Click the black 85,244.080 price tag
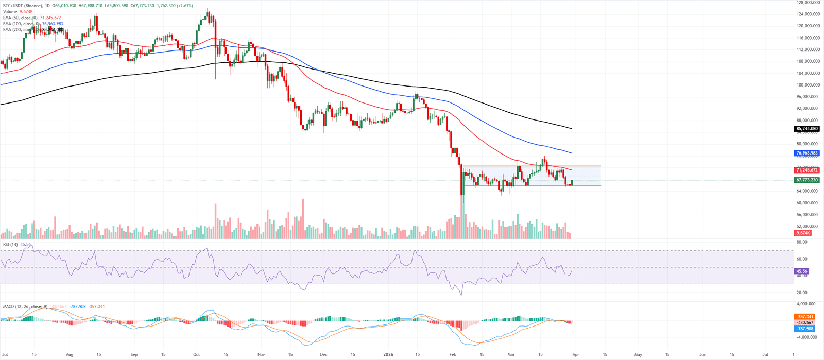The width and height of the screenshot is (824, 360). (x=807, y=129)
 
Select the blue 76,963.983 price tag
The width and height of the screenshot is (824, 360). (x=807, y=153)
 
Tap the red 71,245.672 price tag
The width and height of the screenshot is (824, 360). (x=807, y=170)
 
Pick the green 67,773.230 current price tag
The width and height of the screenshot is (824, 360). (x=807, y=180)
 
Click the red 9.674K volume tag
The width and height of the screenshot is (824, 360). (x=803, y=233)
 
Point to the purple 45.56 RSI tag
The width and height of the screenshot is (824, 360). (x=801, y=271)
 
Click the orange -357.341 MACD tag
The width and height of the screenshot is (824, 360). (x=804, y=317)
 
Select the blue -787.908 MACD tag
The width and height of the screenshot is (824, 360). (x=804, y=329)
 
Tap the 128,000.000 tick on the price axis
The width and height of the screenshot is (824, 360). (x=808, y=3)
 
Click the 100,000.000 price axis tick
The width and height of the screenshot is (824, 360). (x=808, y=85)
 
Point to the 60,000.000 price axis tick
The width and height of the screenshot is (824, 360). (x=808, y=203)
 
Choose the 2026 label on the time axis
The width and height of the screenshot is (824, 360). (x=388, y=355)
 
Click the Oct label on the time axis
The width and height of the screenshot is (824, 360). (x=196, y=355)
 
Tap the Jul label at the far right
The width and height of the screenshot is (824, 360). (x=765, y=355)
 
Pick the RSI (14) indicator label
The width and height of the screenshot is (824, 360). (x=10, y=245)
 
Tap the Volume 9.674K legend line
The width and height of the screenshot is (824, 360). (x=17, y=12)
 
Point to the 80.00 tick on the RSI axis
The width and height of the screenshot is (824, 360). (x=802, y=242)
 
